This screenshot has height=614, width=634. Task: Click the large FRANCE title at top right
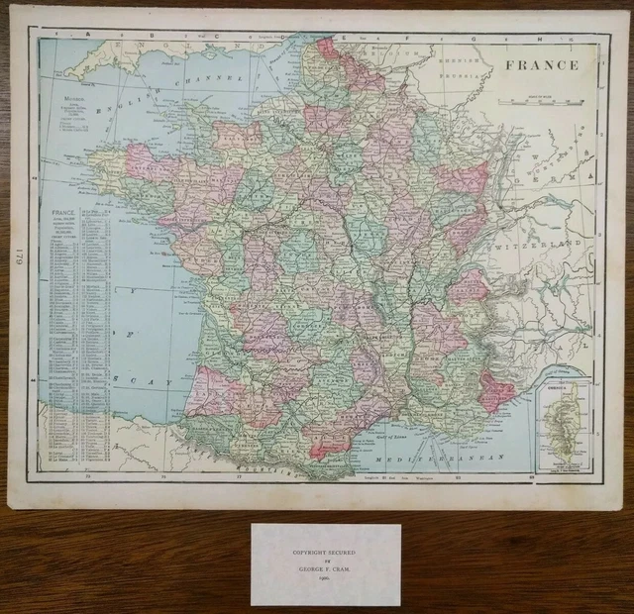point(540,65)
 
